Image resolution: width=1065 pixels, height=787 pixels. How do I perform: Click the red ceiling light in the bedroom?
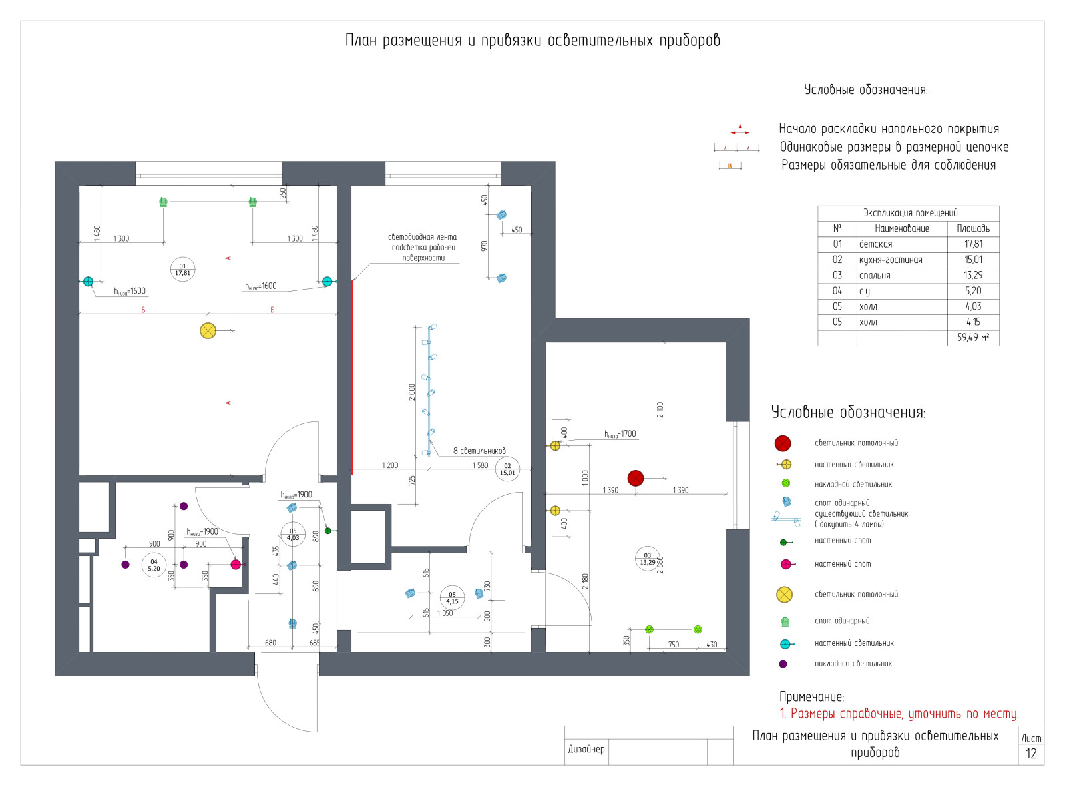636,478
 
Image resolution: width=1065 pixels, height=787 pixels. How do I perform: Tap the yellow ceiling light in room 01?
208,330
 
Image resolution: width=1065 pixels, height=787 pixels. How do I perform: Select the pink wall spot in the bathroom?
236,565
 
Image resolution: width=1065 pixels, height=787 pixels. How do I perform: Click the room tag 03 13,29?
648,559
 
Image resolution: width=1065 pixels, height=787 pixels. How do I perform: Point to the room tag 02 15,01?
507,469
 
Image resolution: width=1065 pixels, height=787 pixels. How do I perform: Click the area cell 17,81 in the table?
973,244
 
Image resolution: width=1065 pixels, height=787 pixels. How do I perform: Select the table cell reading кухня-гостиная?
891,260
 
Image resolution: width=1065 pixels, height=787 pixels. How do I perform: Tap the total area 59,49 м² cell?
972,338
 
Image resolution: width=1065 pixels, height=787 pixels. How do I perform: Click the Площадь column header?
973,228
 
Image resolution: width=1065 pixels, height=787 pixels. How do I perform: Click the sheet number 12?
1031,754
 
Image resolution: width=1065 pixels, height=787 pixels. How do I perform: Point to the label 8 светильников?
479,451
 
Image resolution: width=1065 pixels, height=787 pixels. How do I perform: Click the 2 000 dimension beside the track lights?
412,392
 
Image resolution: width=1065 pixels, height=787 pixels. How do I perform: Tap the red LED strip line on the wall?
352,376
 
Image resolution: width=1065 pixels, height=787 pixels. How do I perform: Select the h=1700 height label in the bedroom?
620,434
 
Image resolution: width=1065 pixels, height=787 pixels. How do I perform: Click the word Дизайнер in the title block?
586,749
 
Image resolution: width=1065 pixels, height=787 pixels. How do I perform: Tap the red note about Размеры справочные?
899,714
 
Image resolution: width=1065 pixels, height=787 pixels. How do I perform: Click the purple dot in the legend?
783,664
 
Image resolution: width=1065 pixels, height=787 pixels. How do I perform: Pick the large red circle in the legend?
783,443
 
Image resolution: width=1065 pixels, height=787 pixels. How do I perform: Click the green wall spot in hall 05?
327,531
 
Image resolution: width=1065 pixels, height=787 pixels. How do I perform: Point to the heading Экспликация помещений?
910,213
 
